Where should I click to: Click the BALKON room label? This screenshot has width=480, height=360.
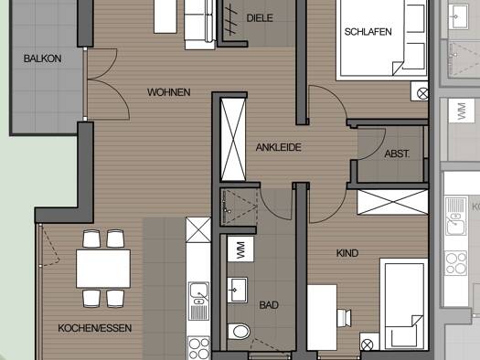click(x=43, y=58)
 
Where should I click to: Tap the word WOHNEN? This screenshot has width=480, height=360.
click(x=168, y=92)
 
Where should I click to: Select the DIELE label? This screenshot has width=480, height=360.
click(x=260, y=18)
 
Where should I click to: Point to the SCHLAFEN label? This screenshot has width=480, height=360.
click(x=368, y=32)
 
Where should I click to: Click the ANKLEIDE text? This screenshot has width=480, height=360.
click(x=279, y=147)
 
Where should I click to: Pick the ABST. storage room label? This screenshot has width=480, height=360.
click(x=397, y=154)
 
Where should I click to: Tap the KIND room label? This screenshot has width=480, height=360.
click(x=347, y=253)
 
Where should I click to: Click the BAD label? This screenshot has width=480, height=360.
click(x=269, y=305)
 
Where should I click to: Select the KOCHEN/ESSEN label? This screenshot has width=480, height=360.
click(x=95, y=328)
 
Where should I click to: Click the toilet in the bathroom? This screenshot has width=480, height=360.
click(x=239, y=332)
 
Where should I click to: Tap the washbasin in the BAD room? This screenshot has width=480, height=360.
click(x=237, y=290)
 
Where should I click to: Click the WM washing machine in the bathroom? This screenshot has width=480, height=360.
click(x=240, y=249)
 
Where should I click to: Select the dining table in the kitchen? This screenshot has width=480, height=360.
click(x=103, y=269)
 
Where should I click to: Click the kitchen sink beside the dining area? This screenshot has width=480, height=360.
click(x=198, y=293)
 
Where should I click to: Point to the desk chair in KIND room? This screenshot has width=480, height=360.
click(x=345, y=318)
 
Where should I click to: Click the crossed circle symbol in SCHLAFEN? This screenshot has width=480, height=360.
click(x=422, y=93)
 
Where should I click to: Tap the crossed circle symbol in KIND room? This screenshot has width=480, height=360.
click(x=367, y=345)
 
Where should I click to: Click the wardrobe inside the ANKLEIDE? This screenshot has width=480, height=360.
click(x=233, y=140)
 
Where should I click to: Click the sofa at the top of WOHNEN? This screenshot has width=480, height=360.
click(x=200, y=25)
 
